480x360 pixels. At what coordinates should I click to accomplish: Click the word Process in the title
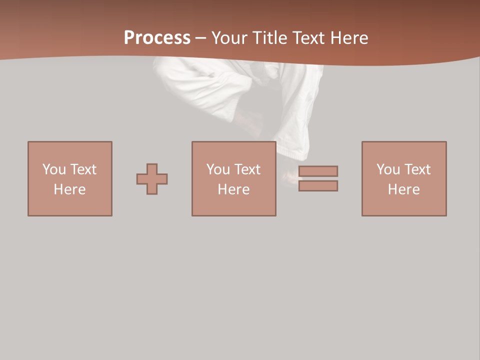(157, 38)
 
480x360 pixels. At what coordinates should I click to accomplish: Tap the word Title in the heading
(269, 38)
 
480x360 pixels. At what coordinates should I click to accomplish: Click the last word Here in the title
(348, 38)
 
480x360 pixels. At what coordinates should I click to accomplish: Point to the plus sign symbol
(152, 179)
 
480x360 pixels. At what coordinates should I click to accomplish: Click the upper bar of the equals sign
(318, 171)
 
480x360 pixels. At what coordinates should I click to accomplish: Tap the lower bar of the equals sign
(318, 185)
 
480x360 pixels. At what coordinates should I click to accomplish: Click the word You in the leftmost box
(54, 169)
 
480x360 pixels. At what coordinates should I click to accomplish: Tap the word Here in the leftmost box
(70, 189)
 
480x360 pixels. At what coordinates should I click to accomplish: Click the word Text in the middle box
(247, 169)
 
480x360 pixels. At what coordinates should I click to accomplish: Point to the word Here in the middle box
(234, 189)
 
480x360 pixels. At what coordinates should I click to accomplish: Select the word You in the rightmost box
(388, 169)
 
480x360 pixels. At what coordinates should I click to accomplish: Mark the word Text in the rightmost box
(417, 169)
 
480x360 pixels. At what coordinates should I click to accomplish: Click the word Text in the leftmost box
(83, 169)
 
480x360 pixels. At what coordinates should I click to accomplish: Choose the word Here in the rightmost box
(404, 189)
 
